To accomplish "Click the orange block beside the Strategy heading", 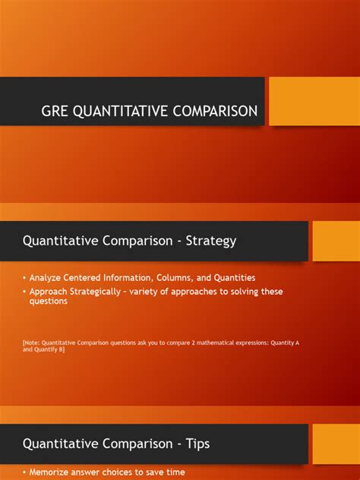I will click(336, 241).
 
